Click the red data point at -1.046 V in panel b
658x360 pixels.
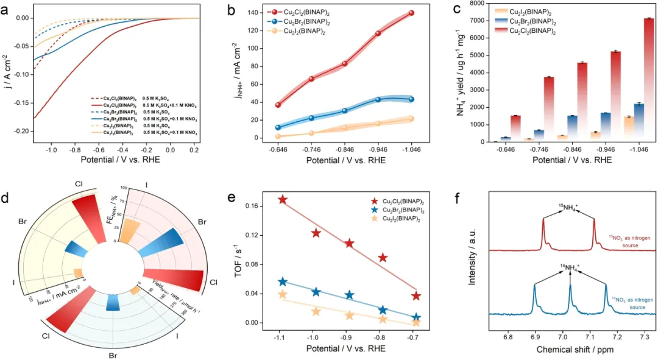pyautogui.click(x=412, y=13)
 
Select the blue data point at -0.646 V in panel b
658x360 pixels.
pyautogui.click(x=278, y=127)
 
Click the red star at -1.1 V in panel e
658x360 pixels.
pyautogui.click(x=282, y=199)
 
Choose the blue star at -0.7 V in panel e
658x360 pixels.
pyautogui.click(x=416, y=317)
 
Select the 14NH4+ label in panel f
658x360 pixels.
pyautogui.click(x=570, y=267)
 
